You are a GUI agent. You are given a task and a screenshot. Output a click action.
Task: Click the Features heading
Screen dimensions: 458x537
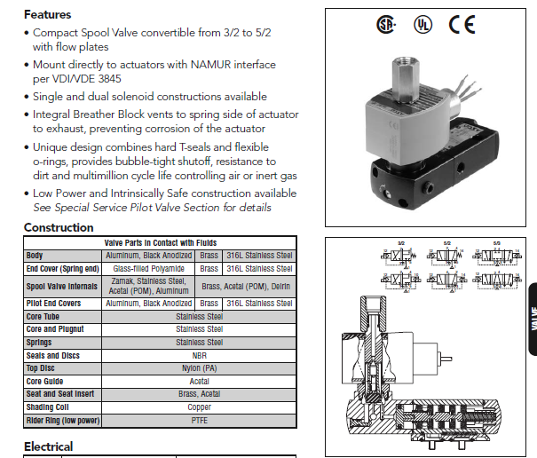[48, 14]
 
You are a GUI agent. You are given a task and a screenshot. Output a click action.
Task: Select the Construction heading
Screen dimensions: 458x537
[59, 228]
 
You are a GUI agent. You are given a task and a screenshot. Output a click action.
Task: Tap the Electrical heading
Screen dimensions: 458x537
[48, 446]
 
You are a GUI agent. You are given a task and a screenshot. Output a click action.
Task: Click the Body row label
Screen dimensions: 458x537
[35, 256]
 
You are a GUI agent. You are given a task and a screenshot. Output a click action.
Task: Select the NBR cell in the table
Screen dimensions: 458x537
[199, 355]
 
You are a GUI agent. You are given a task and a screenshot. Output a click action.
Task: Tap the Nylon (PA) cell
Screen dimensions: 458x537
[199, 368]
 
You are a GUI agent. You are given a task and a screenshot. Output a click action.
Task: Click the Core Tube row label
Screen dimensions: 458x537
[44, 316]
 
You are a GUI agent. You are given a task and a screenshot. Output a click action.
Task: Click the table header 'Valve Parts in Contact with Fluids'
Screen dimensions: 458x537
[160, 242]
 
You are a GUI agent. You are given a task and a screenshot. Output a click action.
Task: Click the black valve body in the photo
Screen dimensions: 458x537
[417, 178]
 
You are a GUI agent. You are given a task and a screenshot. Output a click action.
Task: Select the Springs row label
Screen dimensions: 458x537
[40, 342]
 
